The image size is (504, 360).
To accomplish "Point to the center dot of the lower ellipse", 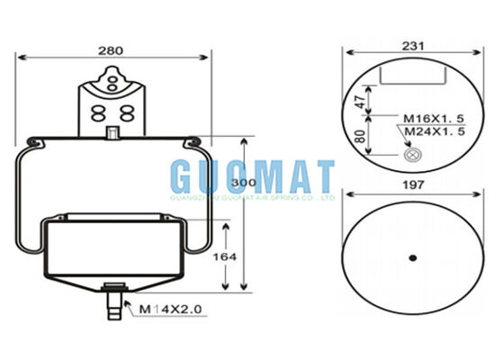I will [412, 258].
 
